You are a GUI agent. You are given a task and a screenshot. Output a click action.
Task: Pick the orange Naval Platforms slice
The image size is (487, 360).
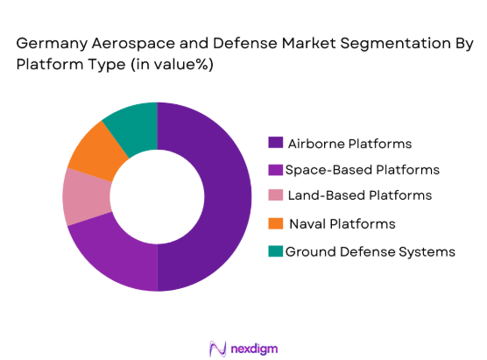click(95, 151)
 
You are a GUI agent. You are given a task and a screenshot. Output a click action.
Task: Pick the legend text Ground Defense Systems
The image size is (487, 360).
click(370, 251)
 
